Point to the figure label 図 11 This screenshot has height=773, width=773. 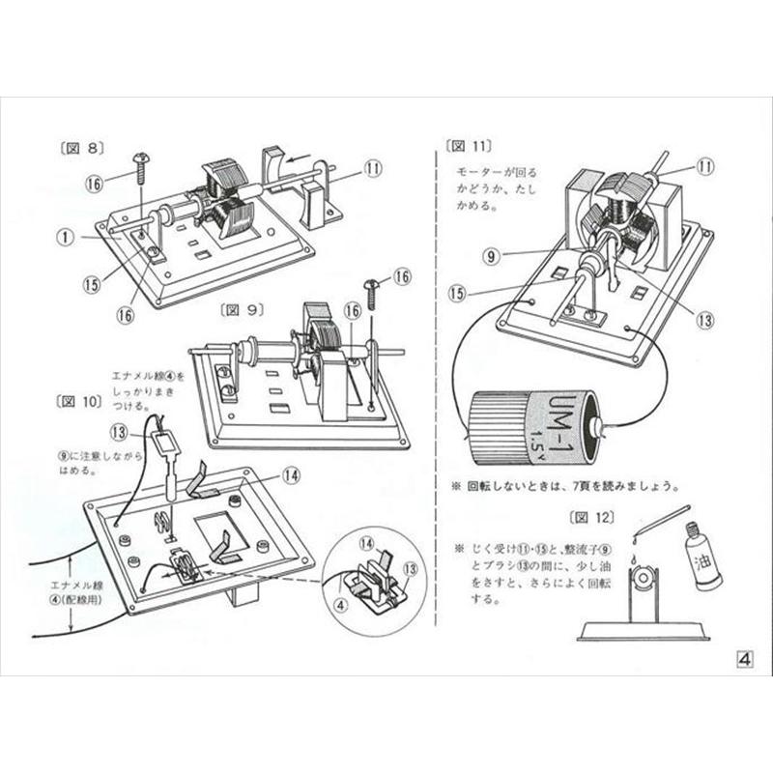pyautogui.click(x=470, y=146)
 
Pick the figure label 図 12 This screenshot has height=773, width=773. pyautogui.click(x=592, y=515)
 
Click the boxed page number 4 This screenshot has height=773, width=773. pyautogui.click(x=745, y=659)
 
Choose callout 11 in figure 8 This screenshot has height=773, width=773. pyautogui.click(x=374, y=166)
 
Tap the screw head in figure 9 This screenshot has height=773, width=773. pyautogui.click(x=371, y=283)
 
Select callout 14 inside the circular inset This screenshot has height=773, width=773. pyautogui.click(x=367, y=546)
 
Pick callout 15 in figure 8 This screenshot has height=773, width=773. pyautogui.click(x=92, y=284)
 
